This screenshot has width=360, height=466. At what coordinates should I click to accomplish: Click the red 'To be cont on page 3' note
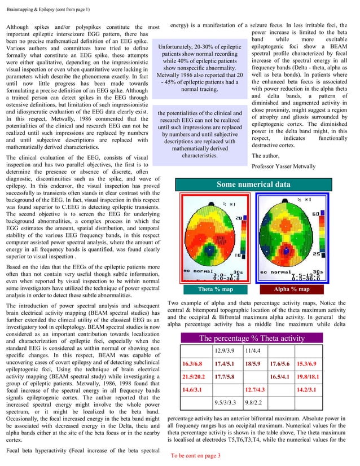tap(204, 455)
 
